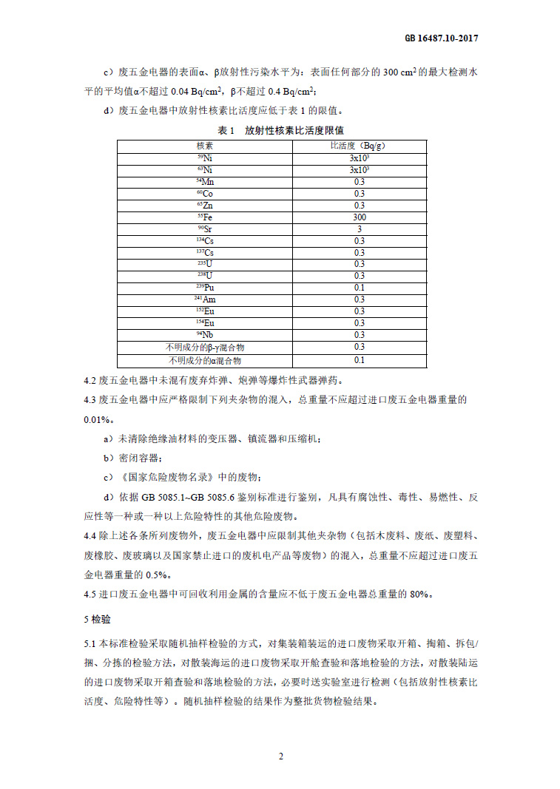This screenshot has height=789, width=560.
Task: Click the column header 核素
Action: coord(205,146)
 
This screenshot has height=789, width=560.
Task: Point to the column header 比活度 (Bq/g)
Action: coord(358,146)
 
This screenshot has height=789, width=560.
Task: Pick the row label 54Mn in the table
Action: coord(205,181)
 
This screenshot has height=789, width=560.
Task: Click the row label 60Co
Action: coord(205,193)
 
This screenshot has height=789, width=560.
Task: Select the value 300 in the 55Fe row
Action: coord(359,217)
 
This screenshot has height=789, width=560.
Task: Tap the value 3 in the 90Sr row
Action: coord(359,229)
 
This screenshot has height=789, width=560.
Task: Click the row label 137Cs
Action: coord(205,253)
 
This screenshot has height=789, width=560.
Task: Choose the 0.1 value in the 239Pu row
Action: coord(359,288)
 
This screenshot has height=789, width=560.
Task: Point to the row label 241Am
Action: coord(205,299)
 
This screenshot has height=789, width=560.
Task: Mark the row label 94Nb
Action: coord(205,335)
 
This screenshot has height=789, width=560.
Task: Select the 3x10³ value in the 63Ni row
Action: coord(359,169)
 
